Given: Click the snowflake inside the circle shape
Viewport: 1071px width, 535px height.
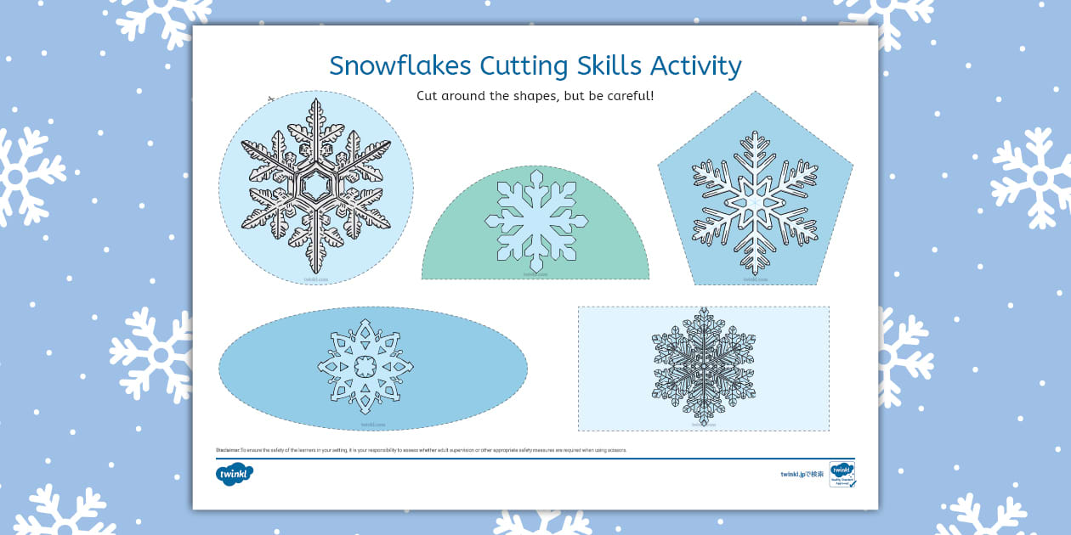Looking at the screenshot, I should [315, 185].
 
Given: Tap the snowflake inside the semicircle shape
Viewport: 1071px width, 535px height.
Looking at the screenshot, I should [535, 221].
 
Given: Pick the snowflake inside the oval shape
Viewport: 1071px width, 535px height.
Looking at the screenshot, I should [365, 367].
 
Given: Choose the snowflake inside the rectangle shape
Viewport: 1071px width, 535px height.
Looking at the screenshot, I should [703, 367].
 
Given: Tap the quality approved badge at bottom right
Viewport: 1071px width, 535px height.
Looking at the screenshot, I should [841, 474].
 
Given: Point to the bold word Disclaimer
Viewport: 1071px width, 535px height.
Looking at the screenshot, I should [228, 450].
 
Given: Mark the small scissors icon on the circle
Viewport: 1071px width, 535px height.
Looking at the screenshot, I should [271, 99].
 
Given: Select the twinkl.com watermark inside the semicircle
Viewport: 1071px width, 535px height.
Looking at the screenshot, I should [535, 273].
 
